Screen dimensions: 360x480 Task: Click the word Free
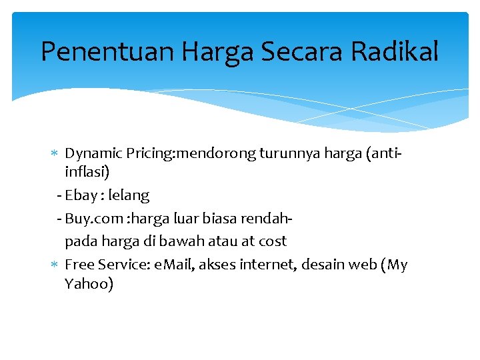[x=78, y=265]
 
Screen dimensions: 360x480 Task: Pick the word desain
[x=323, y=265]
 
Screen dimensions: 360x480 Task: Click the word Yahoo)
[x=89, y=285]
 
